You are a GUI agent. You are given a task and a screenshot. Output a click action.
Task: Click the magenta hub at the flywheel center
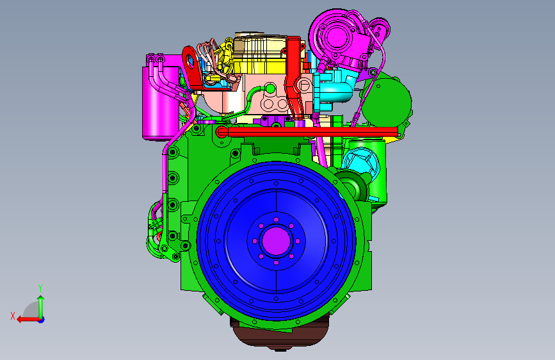276,241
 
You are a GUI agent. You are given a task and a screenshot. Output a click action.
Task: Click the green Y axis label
40,288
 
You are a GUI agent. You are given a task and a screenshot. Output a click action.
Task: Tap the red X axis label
13,316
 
